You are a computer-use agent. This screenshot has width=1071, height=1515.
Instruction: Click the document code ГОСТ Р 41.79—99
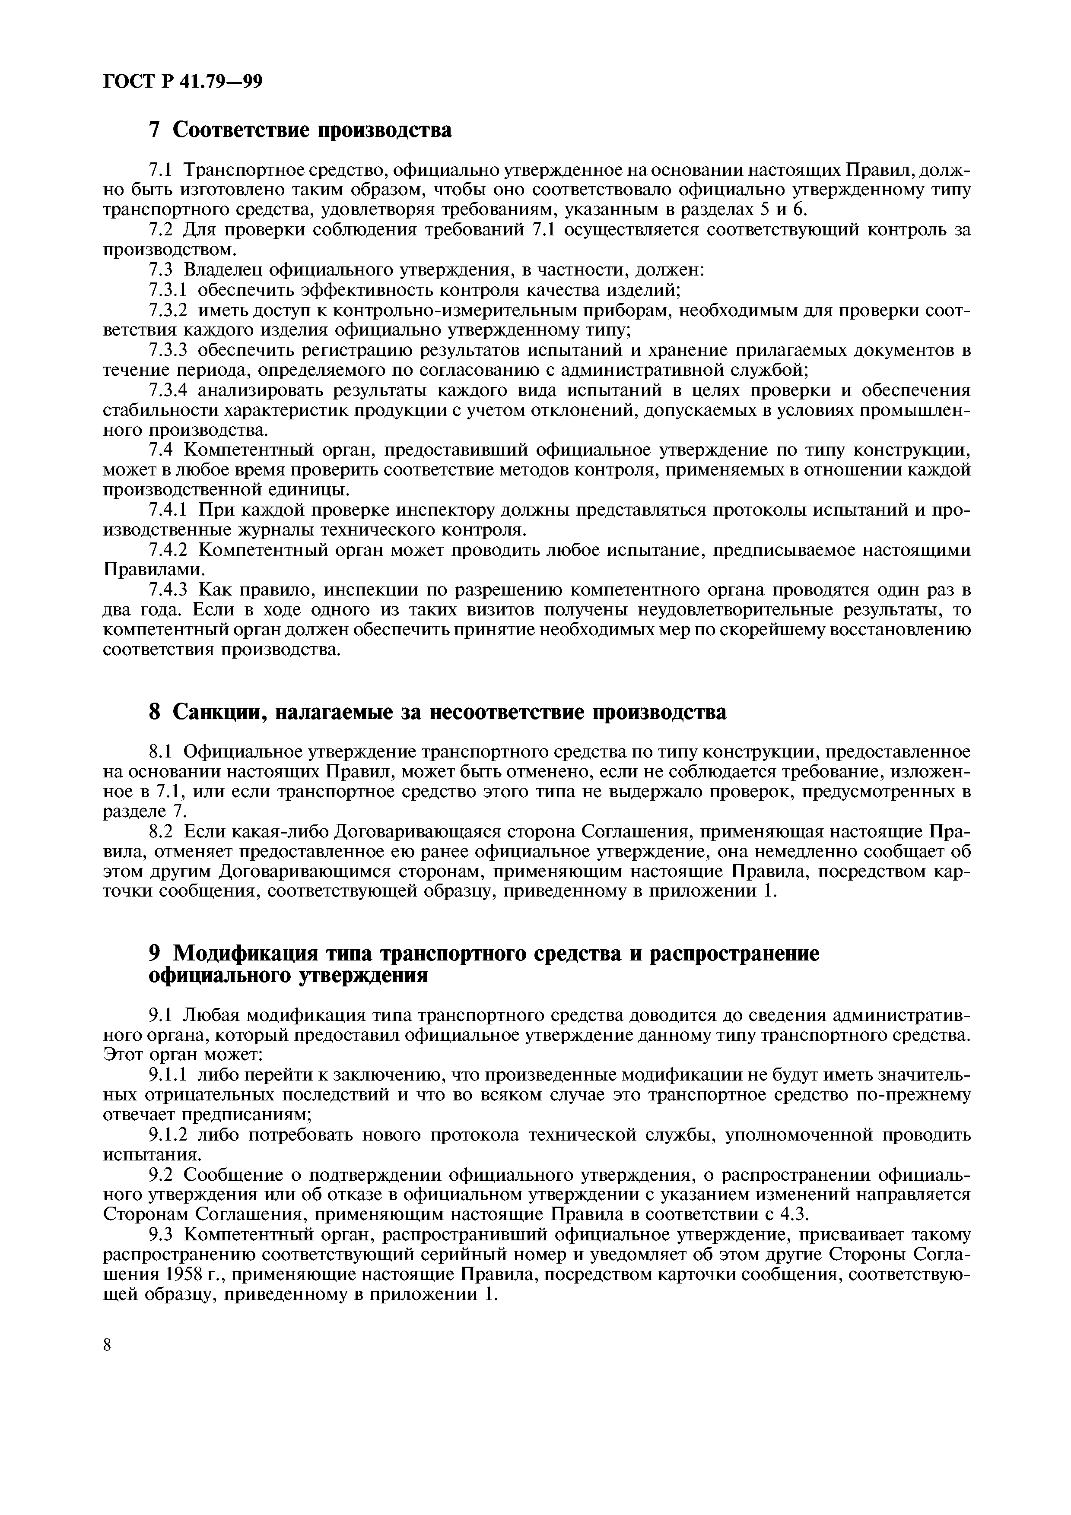(183, 81)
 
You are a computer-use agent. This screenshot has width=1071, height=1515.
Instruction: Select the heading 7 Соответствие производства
(300, 130)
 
